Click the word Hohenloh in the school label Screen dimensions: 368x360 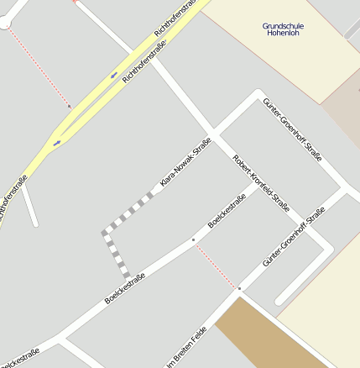coord(283,34)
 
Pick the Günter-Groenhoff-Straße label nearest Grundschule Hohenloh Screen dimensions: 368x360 coord(293,129)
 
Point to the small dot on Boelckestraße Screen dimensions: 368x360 coord(193,240)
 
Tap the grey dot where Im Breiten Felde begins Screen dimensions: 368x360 coord(238,289)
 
